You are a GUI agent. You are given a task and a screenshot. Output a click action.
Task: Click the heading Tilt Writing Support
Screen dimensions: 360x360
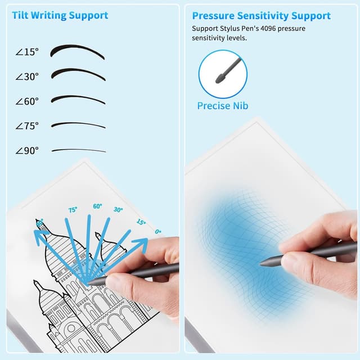pos(60,15)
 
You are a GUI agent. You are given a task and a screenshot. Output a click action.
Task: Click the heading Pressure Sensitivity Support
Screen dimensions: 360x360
pos(262,16)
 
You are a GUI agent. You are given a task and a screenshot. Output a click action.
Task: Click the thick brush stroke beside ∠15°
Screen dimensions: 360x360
pos(77,51)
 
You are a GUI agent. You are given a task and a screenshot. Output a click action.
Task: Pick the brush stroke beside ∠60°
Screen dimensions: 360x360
pos(78,100)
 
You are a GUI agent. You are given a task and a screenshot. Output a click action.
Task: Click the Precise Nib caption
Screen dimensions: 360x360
pos(223,106)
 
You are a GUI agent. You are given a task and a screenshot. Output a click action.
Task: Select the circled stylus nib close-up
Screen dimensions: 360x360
pos(223,74)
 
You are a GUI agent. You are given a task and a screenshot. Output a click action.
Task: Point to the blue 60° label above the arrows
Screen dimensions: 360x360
pos(97,206)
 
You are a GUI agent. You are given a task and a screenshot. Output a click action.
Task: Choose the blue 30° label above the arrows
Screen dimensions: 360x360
pos(118,209)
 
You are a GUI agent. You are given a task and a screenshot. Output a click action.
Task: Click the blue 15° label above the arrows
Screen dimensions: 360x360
pos(141,223)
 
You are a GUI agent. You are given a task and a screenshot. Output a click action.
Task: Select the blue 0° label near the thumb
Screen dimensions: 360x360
pos(158,231)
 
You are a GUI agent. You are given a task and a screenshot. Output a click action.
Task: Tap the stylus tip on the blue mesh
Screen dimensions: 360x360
pos(263,263)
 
